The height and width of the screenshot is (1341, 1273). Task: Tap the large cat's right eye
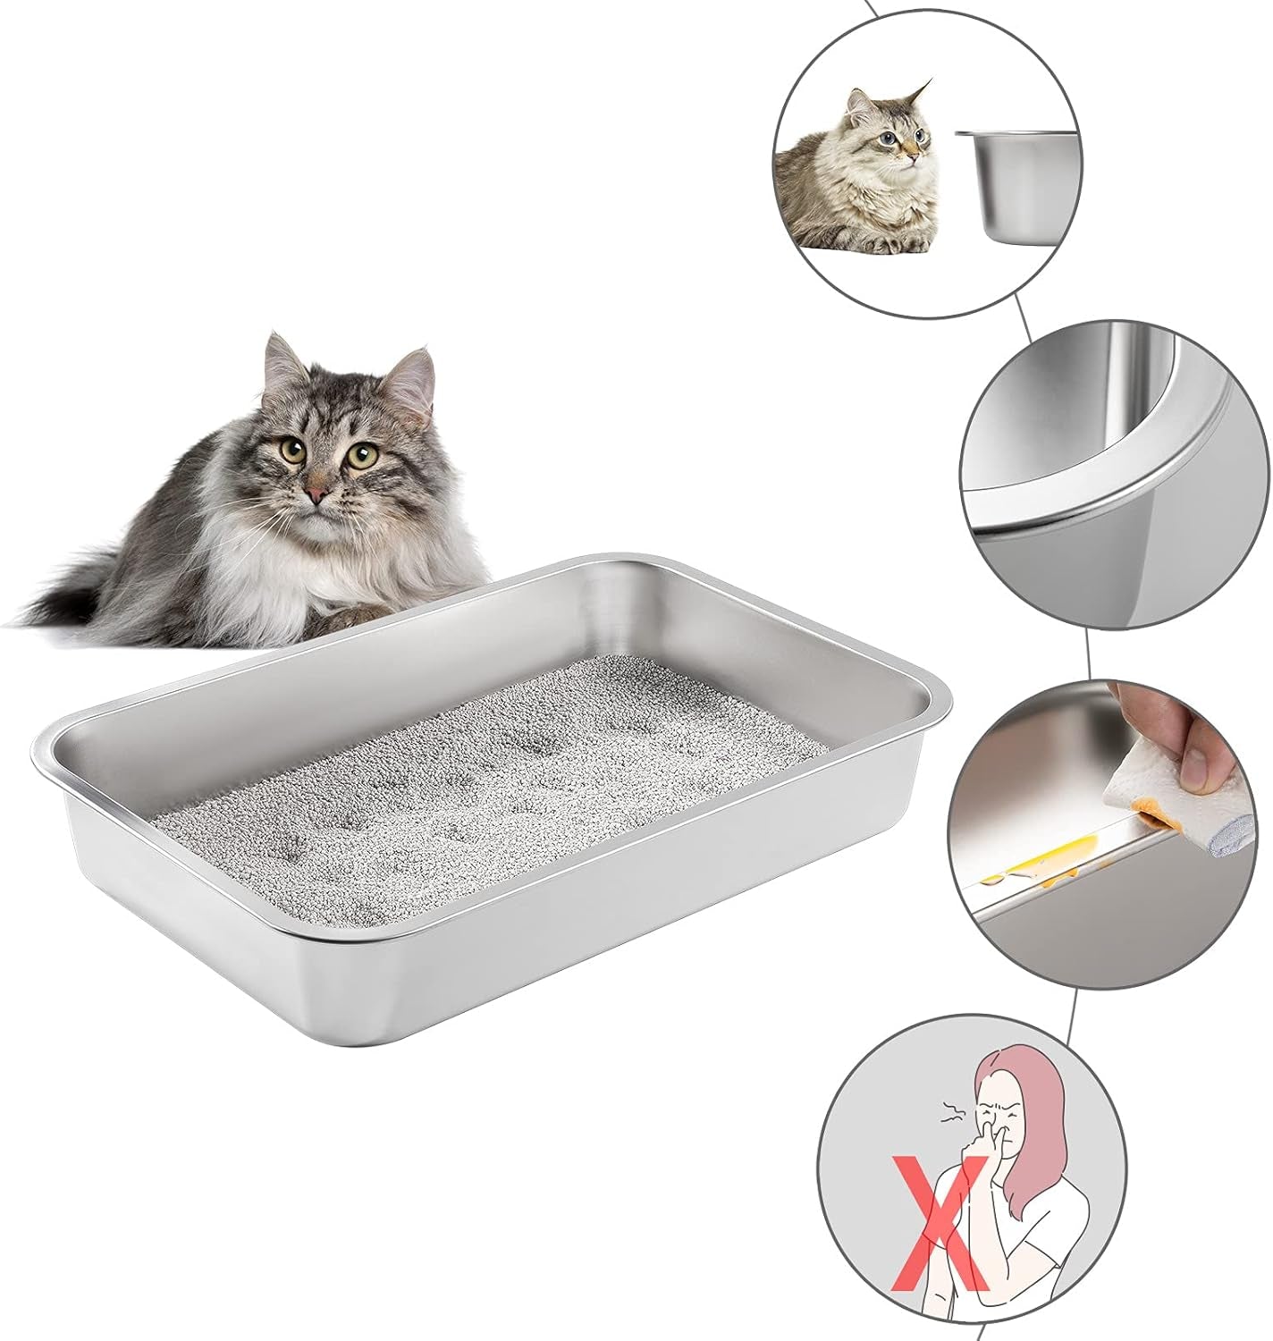coord(361,456)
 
